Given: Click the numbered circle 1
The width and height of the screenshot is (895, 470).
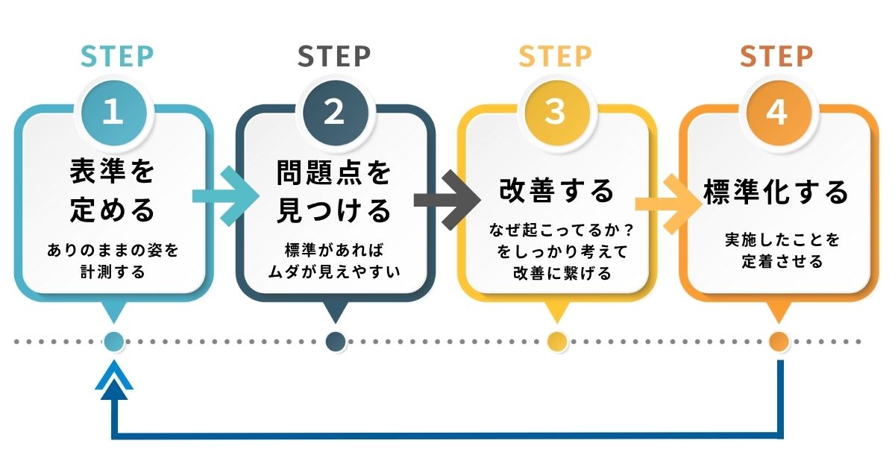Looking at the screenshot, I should [113, 112].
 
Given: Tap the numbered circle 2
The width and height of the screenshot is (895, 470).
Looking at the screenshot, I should [334, 112].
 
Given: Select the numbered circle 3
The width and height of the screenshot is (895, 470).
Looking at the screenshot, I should [555, 112].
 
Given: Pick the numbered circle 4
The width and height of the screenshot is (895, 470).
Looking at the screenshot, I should [776, 112].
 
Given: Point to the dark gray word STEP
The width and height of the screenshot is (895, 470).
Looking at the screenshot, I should [334, 57].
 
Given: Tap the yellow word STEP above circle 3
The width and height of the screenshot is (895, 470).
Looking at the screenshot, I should [555, 57].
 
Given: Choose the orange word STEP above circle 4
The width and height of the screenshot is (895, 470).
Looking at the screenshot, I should [776, 57].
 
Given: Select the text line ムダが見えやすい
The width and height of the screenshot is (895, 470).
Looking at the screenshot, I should [333, 271].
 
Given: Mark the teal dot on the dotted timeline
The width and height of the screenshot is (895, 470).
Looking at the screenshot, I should [113, 342].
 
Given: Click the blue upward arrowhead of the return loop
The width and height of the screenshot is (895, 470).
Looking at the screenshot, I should [113, 379].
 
